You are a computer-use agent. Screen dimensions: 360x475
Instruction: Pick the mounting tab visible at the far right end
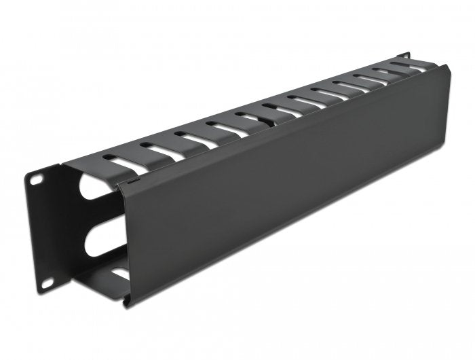pyautogui.click(x=405, y=56)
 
